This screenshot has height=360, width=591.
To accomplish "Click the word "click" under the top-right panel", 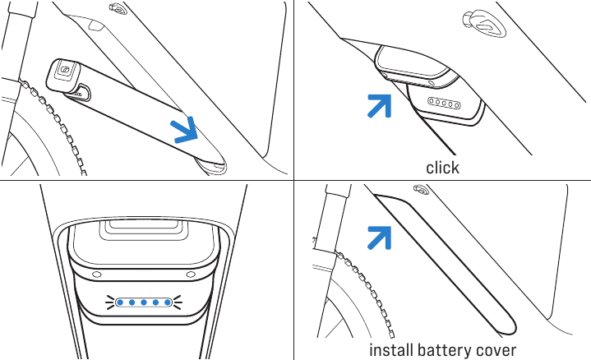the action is coord(442,168).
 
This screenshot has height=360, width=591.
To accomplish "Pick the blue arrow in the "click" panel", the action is coord(380,105).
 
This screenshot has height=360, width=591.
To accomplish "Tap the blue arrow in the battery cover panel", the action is coord(380,238).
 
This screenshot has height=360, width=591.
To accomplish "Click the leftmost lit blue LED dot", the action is coord(120,302).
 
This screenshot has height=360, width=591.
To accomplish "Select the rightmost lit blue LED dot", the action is coord(168,302).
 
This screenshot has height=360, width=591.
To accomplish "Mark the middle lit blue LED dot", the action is coord(144,302).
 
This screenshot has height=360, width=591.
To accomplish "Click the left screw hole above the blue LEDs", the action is coord(97,275).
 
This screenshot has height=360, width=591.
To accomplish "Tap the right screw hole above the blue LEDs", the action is coord(191,275).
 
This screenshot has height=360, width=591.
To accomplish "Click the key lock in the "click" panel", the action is coord(483,24).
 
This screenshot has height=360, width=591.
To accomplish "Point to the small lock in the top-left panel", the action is coord(118,8).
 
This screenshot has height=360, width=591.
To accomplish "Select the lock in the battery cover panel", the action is coord(422,189).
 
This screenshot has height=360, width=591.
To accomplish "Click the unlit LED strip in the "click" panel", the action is coord(444,103).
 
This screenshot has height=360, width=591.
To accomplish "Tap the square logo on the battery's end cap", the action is coord(64,70).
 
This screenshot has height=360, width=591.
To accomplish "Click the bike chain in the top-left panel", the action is coord(53,124).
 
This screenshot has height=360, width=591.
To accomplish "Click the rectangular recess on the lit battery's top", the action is coord(144,230).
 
